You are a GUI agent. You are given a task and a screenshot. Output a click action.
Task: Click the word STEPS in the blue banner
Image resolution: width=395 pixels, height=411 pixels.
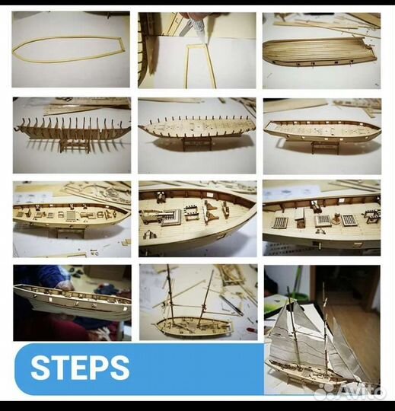80,368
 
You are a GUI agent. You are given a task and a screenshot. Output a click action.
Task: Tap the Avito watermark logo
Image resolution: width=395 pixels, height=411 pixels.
350,392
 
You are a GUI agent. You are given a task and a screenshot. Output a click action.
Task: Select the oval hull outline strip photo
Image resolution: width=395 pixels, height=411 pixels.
71,49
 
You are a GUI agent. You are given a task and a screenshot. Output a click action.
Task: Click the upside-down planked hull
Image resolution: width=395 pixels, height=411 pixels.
320,52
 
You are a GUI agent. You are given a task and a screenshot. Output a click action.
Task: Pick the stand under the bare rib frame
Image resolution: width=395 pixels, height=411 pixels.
75,145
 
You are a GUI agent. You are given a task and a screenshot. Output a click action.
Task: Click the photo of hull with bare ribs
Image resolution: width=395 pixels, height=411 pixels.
72,135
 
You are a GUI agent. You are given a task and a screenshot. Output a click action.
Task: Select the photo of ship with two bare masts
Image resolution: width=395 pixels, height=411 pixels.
198,302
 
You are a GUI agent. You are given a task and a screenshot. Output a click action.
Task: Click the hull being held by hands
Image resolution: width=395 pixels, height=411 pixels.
72,302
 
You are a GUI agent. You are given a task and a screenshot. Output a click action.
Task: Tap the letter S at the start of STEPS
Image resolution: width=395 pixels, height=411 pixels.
40,368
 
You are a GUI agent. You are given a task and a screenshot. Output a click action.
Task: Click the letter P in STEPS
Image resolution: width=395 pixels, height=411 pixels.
100,368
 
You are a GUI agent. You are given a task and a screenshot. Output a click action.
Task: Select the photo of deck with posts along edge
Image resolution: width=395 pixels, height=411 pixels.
197,135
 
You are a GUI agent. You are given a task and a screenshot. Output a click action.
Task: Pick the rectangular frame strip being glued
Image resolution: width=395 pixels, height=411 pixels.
200,67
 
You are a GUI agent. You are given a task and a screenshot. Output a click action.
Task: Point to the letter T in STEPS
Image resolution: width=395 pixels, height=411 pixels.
59,368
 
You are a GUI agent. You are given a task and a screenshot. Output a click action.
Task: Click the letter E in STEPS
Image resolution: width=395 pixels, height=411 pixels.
79,368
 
